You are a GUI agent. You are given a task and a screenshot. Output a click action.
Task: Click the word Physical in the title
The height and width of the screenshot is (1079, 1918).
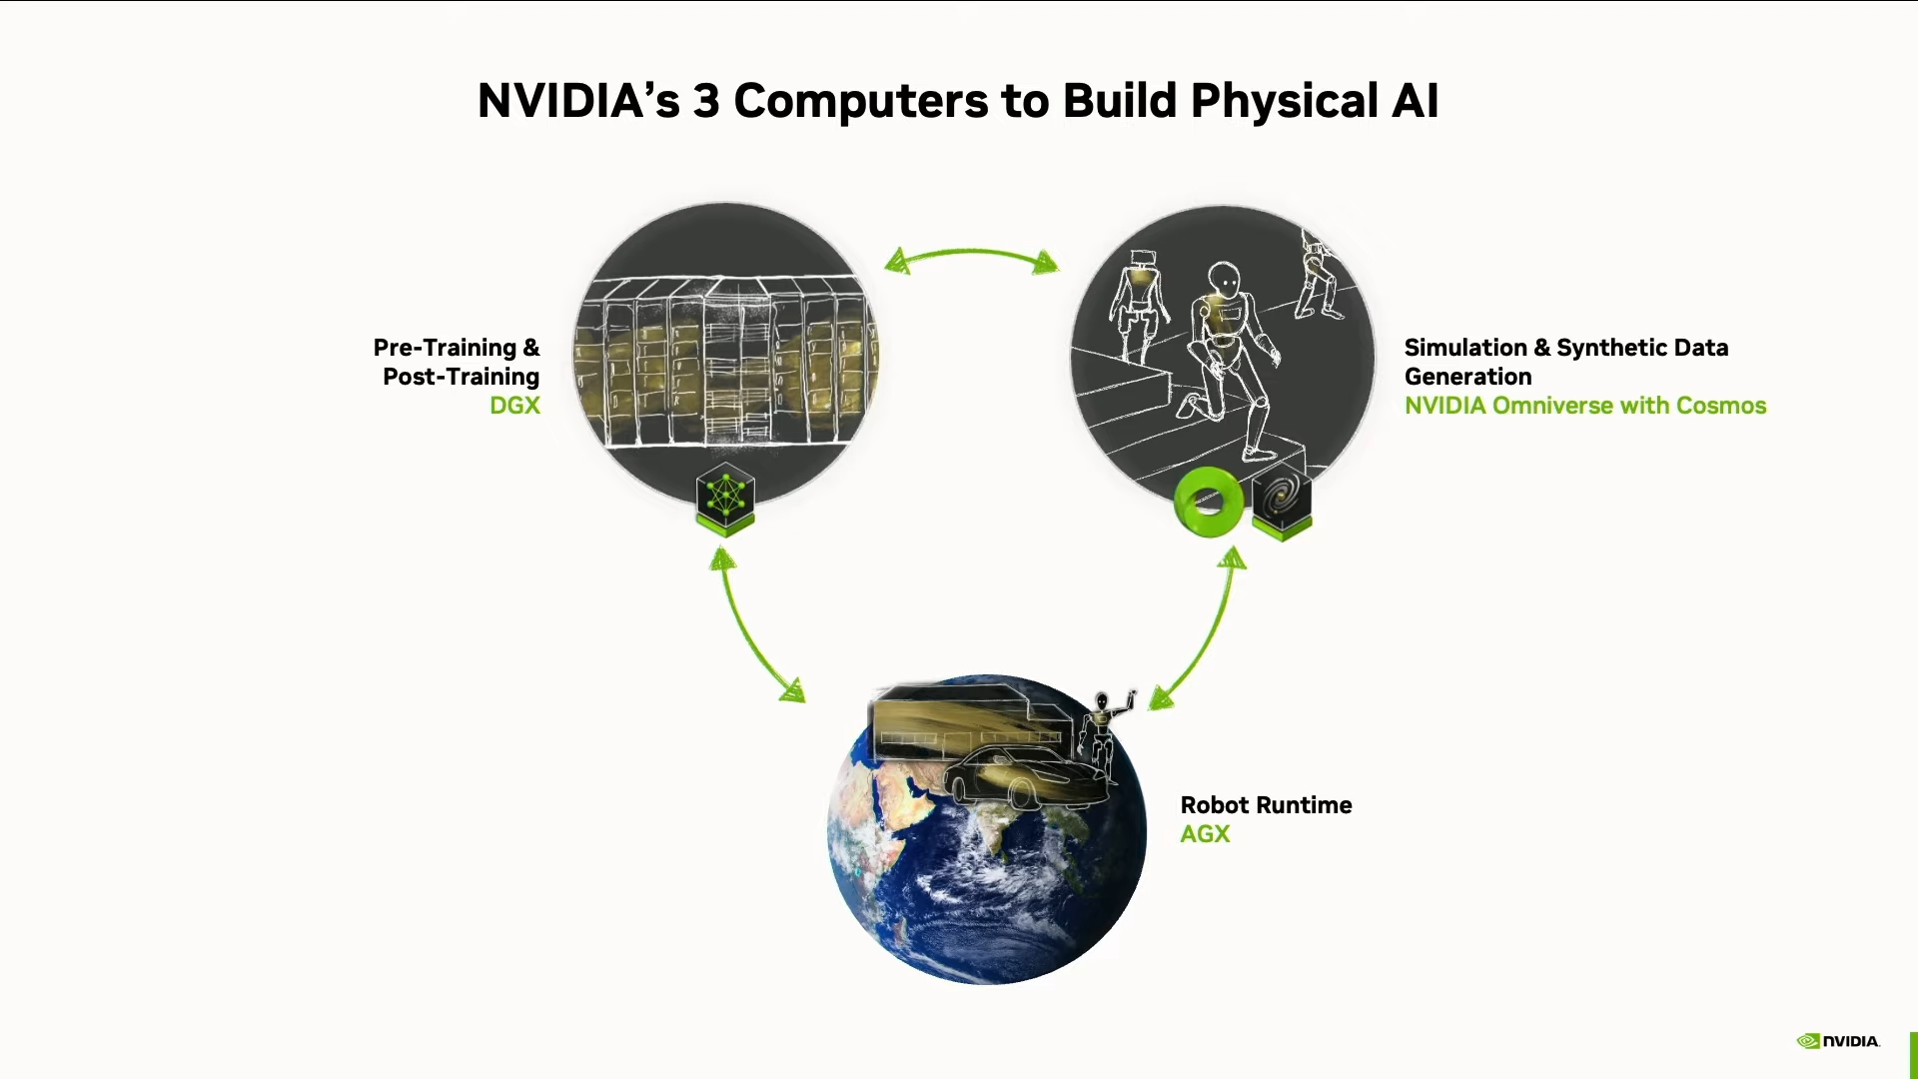point(1285,102)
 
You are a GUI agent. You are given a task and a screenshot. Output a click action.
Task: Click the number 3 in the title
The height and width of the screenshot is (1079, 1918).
point(706,102)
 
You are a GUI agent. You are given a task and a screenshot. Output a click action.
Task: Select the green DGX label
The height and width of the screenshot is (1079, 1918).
point(514,406)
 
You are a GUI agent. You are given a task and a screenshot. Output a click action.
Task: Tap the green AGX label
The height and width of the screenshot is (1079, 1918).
point(1205,834)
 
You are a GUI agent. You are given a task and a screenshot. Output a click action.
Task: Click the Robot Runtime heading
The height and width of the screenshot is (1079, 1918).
point(1266,805)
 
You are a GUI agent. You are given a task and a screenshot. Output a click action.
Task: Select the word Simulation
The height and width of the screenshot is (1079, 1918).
point(1465,348)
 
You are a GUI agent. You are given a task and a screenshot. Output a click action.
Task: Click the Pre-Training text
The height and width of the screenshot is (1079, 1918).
point(445,349)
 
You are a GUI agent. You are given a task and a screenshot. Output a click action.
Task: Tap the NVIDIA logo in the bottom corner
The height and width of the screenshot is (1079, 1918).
point(1838,1041)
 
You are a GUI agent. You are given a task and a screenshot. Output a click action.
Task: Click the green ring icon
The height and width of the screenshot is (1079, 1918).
point(1209,502)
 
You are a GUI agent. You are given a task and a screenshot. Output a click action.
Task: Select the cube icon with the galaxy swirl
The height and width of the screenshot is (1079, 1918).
point(1282,501)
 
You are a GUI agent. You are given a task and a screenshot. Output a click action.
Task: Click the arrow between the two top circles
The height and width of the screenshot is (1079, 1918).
point(971,254)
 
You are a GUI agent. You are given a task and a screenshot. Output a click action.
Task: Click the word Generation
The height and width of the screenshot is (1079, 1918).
point(1467,377)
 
